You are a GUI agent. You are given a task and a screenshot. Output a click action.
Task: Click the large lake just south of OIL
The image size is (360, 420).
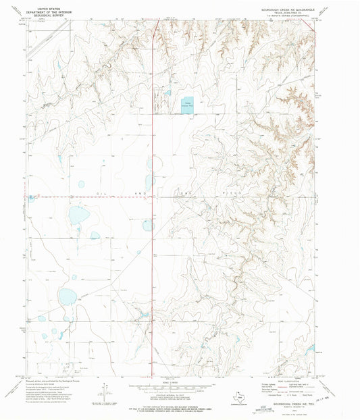click(78, 215)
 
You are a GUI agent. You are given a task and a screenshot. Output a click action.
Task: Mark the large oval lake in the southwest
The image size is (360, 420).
click(67, 296)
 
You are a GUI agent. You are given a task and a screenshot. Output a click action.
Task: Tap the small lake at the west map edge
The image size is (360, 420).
click(31, 199)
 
